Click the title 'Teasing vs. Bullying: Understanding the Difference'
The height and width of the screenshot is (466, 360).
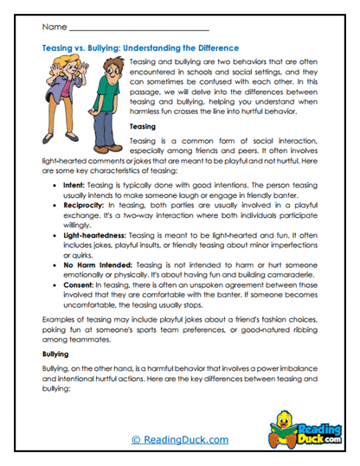click(x=140, y=48)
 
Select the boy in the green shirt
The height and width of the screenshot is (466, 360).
click(x=102, y=95)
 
